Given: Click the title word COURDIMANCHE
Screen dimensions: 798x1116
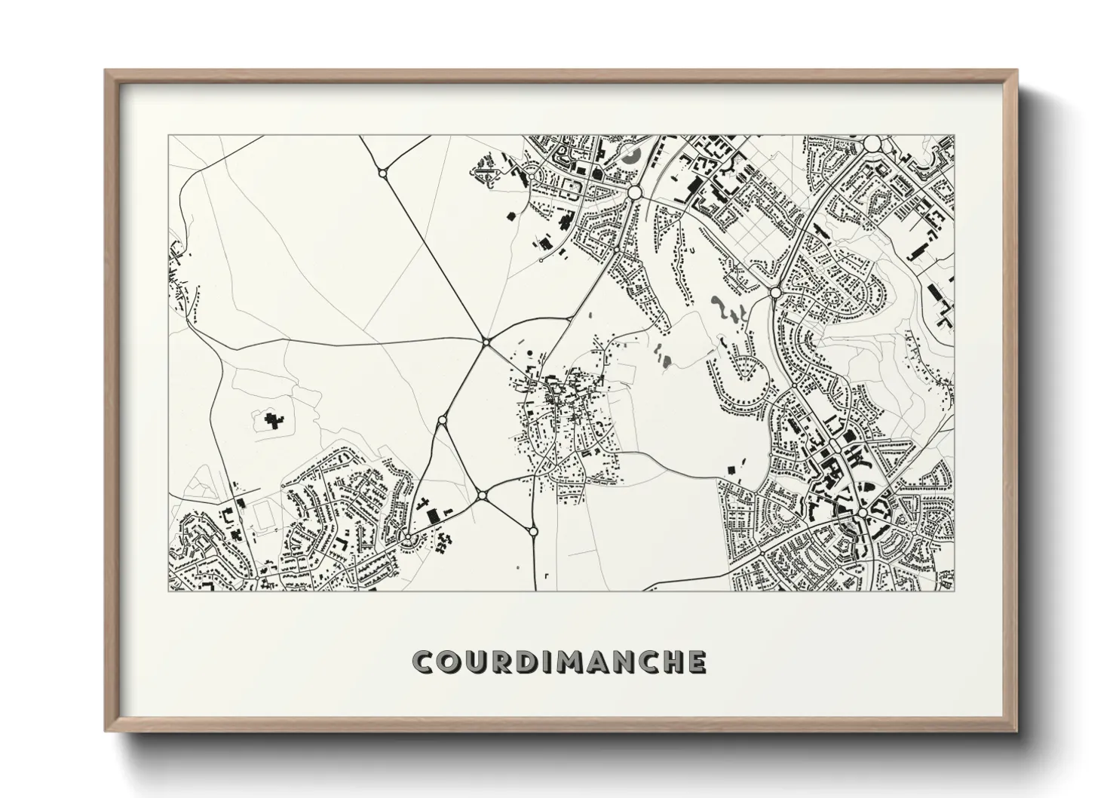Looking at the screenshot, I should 560,661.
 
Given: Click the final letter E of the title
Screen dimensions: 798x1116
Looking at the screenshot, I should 697,661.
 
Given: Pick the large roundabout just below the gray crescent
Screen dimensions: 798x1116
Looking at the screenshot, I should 634,193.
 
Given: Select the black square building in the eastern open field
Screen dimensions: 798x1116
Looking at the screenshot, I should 730,470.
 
